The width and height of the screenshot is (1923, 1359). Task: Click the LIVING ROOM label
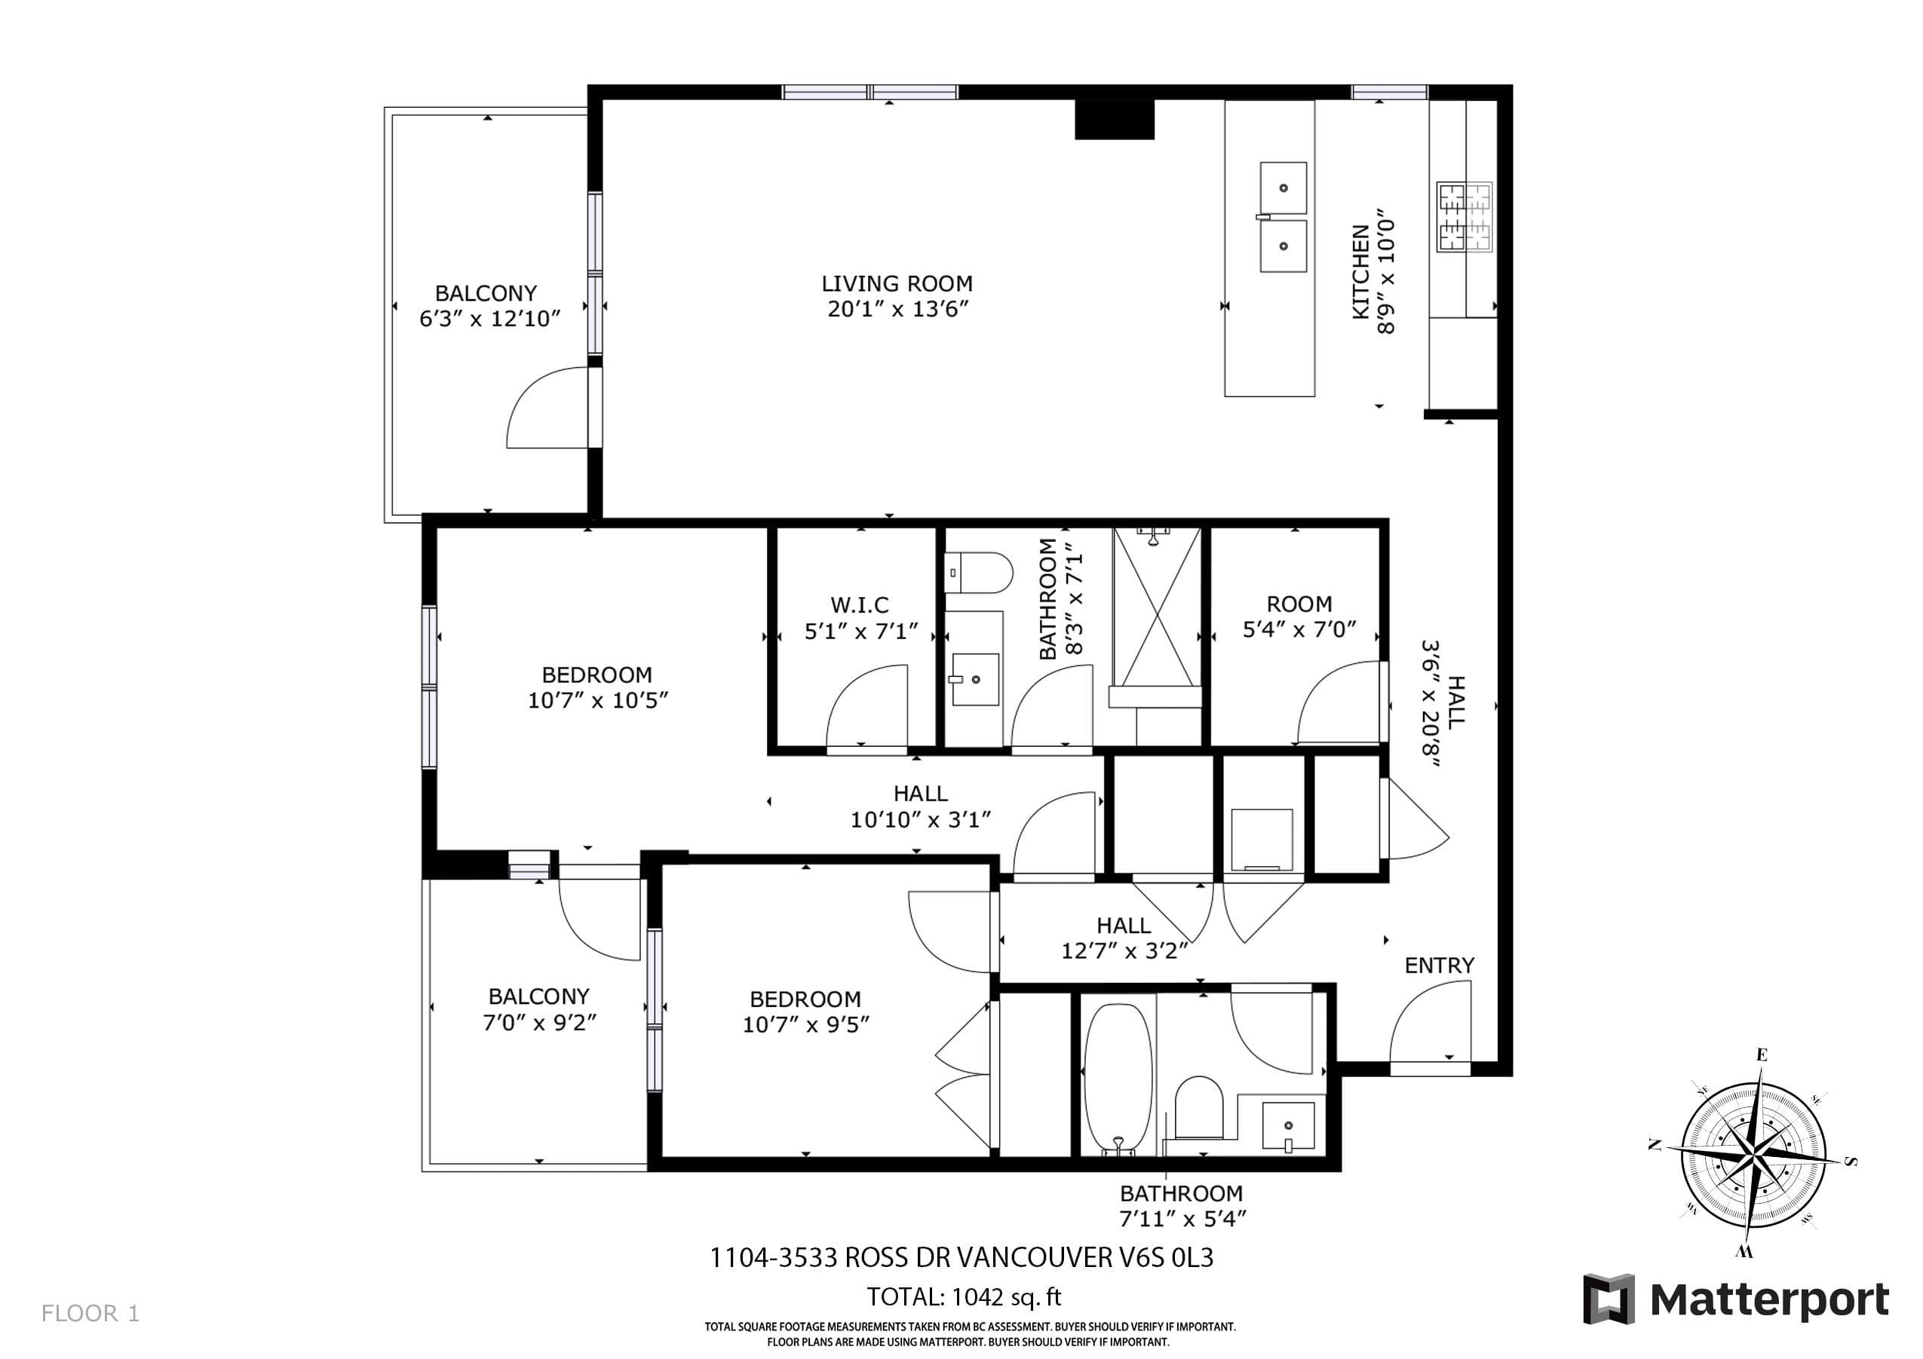pos(897,284)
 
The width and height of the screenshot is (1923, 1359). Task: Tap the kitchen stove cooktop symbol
pos(1464,217)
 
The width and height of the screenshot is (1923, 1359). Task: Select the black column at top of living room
pos(1115,119)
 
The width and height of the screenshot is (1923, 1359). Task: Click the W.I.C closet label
pos(860,605)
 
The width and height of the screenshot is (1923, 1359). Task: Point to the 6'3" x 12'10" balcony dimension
pos(490,318)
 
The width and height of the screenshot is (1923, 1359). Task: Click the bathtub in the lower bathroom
pos(1118,1079)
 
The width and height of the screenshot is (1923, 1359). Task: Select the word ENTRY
pos(1439,966)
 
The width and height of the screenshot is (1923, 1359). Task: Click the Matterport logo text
pos(1769,1300)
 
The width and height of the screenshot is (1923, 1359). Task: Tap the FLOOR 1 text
pos(90,1313)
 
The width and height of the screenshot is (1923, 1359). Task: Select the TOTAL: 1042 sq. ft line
pos(963,1297)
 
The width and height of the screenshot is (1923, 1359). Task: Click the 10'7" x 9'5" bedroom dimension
pos(805,1025)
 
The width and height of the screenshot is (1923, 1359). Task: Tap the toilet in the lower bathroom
pos(1199,1107)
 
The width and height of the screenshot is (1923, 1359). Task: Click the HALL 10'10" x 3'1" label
pos(921,807)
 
